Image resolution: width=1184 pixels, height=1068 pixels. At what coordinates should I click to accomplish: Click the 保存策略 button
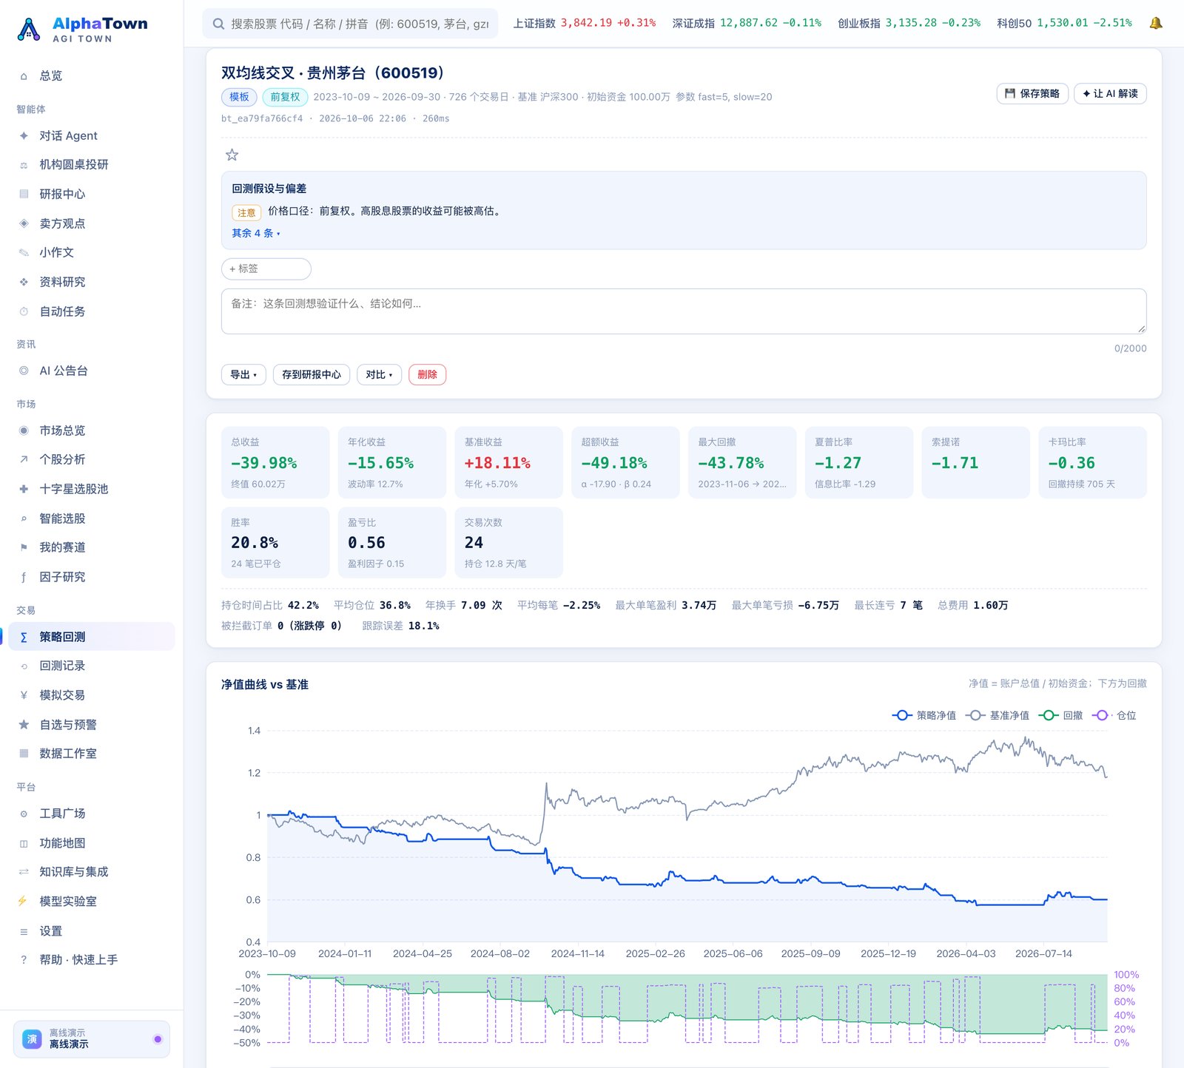[x=1032, y=94]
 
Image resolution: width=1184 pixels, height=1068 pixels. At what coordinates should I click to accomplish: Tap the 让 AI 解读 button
[x=1110, y=94]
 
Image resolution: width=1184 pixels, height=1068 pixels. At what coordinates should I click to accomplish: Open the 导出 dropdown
[x=243, y=375]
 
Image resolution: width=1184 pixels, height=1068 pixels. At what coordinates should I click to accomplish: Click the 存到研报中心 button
[x=312, y=375]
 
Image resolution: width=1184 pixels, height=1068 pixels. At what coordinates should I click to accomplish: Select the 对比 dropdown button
[x=380, y=375]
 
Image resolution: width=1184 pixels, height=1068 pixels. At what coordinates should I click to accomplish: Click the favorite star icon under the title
[x=232, y=155]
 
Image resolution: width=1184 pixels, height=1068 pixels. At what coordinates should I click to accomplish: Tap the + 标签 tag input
[x=266, y=269]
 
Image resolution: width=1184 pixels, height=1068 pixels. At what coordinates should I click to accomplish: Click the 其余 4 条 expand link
[x=256, y=233]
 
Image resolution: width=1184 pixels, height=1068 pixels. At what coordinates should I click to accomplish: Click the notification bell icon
[x=1156, y=23]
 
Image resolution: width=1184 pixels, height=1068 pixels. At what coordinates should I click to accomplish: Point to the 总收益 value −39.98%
[x=264, y=463]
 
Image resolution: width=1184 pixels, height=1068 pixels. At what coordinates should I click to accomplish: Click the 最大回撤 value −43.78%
[x=731, y=463]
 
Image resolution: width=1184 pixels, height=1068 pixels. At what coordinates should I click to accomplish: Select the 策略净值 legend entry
[x=924, y=715]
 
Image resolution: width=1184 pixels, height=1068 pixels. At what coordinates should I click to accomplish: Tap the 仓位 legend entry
[x=1114, y=715]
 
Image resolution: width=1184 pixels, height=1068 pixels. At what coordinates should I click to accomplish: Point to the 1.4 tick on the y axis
[x=254, y=731]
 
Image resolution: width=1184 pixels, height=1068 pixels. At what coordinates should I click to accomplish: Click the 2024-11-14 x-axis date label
[x=578, y=954]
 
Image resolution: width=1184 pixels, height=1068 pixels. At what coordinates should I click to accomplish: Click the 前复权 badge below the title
[x=285, y=97]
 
